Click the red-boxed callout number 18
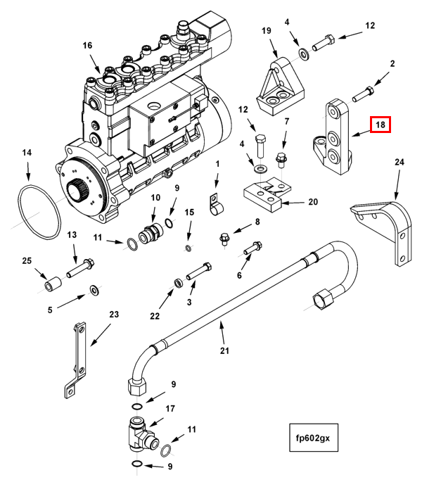(x=381, y=126)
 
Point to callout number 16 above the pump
(x=87, y=46)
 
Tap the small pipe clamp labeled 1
(x=214, y=205)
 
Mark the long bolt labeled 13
(x=80, y=267)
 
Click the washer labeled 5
(x=94, y=290)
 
